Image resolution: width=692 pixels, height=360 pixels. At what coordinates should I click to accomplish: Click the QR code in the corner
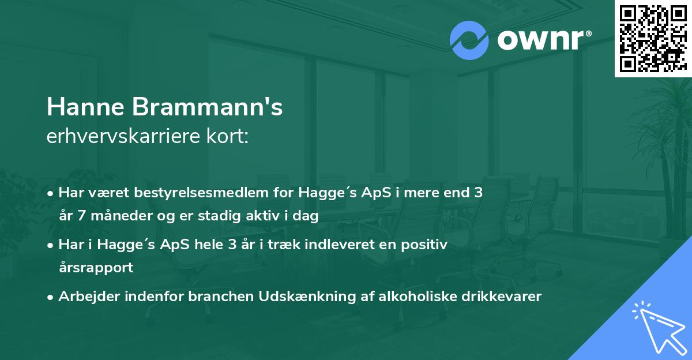click(x=653, y=38)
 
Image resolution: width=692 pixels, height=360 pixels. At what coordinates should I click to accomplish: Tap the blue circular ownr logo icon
click(x=469, y=40)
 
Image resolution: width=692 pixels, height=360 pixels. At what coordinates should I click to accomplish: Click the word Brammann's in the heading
click(x=210, y=107)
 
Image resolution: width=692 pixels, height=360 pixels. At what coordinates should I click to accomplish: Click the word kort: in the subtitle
click(x=228, y=137)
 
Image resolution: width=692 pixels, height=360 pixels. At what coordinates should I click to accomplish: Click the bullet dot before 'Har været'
click(x=51, y=193)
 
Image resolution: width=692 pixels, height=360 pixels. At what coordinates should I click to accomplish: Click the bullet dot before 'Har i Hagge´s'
click(x=51, y=245)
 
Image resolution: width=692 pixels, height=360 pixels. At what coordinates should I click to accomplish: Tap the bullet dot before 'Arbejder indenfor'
click(x=51, y=297)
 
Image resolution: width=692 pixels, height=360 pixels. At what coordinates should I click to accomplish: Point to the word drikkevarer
click(x=501, y=297)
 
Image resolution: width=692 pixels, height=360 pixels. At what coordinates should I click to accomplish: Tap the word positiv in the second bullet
click(x=426, y=245)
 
